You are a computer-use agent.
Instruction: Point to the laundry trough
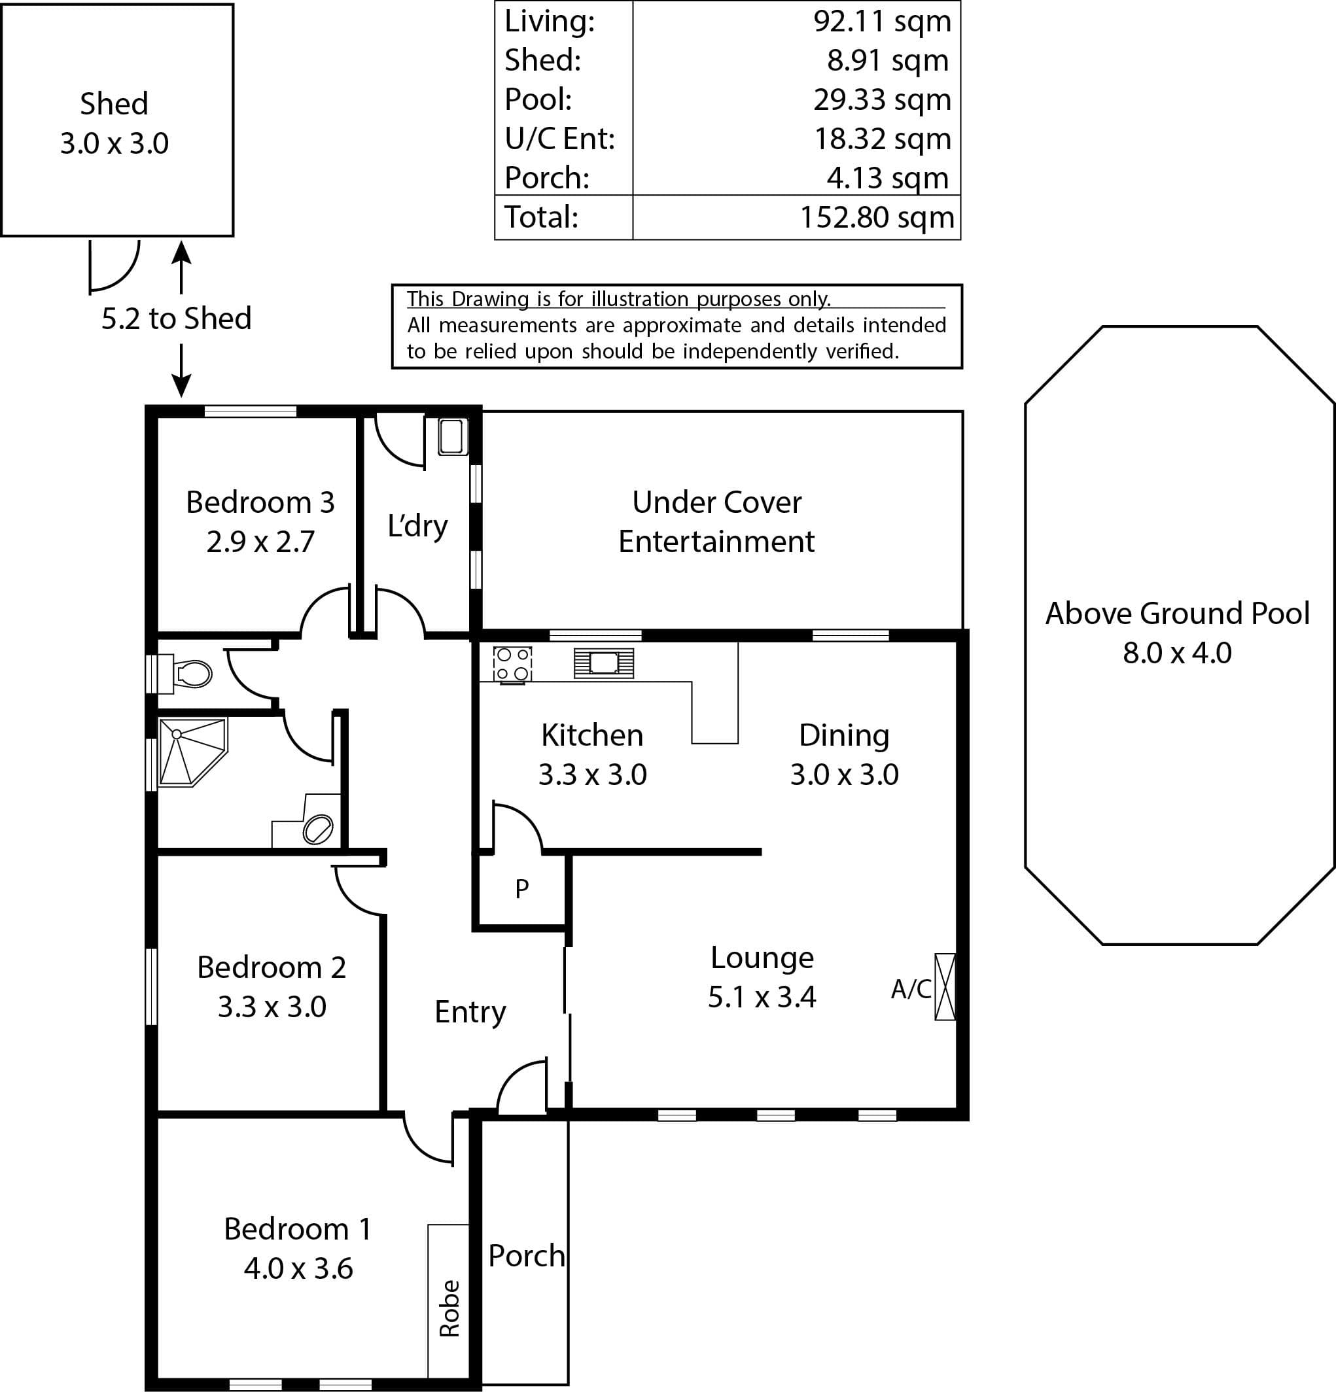click(x=453, y=437)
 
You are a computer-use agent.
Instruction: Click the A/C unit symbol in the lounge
click(x=945, y=987)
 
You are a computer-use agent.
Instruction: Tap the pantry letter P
click(x=522, y=888)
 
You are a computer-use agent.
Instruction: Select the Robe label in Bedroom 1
click(x=449, y=1308)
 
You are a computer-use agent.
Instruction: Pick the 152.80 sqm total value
click(x=877, y=217)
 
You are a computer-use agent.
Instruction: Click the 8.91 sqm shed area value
click(x=888, y=60)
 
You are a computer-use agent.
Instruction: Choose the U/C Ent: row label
click(x=559, y=139)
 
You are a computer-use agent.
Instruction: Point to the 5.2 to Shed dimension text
click(x=176, y=318)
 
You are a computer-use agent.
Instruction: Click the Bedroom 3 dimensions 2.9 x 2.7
click(x=260, y=542)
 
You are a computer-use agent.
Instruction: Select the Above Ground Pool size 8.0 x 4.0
click(x=1177, y=653)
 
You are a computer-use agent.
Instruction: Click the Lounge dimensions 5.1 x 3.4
click(x=762, y=997)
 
